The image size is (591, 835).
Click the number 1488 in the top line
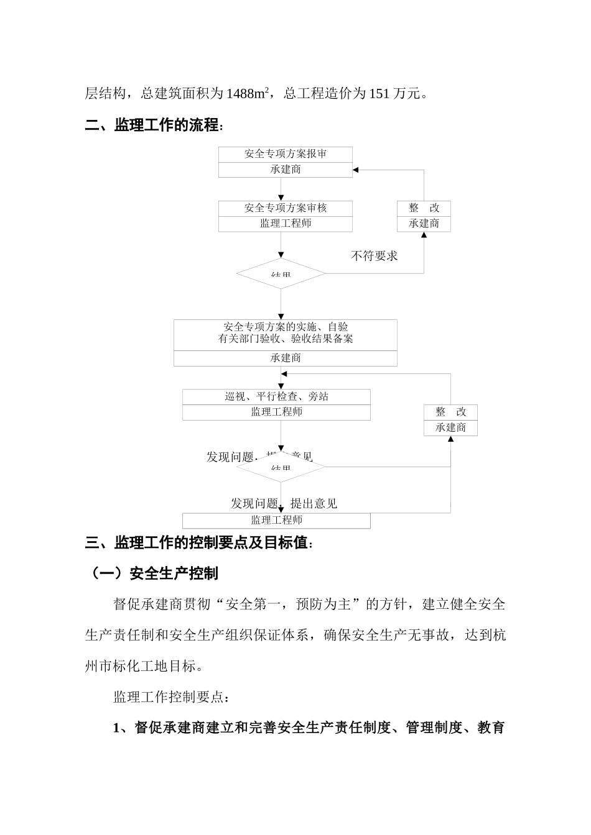pos(239,94)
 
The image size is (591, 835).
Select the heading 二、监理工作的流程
pos(152,125)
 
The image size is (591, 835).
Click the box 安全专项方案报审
pos(286,154)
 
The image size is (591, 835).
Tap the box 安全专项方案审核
pos(286,208)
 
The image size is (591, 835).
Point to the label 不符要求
pos(375,255)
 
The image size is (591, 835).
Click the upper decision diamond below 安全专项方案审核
pos(281,274)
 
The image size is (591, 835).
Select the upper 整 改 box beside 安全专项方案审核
pos(424,208)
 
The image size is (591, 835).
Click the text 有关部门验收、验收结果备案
pos(286,339)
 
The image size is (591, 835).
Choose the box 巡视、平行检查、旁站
pos(276,396)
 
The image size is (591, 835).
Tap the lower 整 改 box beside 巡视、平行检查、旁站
pos(450,412)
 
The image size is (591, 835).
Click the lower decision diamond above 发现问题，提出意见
pos(281,467)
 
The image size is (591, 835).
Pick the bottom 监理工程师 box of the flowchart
pos(276,521)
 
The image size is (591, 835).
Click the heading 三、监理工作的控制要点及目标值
pos(197,542)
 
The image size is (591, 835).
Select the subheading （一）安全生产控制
pos(152,573)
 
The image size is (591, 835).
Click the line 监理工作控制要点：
pos(172,697)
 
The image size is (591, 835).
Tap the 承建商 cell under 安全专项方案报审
pos(286,170)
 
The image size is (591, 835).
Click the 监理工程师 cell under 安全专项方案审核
pos(286,224)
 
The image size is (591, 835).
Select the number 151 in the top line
pos(379,94)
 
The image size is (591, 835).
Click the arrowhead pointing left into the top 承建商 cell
pos(356,170)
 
